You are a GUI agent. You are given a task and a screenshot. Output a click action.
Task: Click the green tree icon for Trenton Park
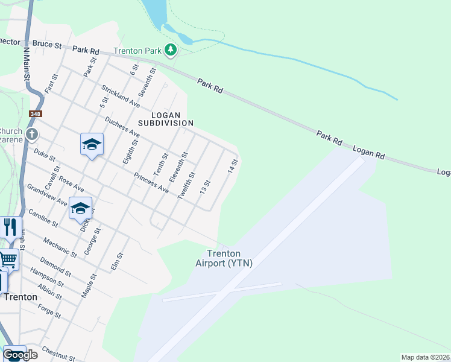[x=171, y=49]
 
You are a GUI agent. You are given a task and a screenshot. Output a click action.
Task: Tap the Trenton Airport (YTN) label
[x=224, y=258]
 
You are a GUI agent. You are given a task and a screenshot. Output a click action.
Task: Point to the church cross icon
[x=32, y=134]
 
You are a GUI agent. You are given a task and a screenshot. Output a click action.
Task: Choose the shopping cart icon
[x=8, y=259]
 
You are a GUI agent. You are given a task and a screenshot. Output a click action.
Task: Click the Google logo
[x=19, y=355]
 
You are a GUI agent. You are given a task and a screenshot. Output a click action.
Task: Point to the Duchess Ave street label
[x=122, y=127]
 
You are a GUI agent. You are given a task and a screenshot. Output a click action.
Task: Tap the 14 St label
[x=233, y=167]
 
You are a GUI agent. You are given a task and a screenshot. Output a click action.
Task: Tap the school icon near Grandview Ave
[x=80, y=209]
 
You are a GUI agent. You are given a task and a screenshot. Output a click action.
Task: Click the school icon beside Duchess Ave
[x=92, y=144]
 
